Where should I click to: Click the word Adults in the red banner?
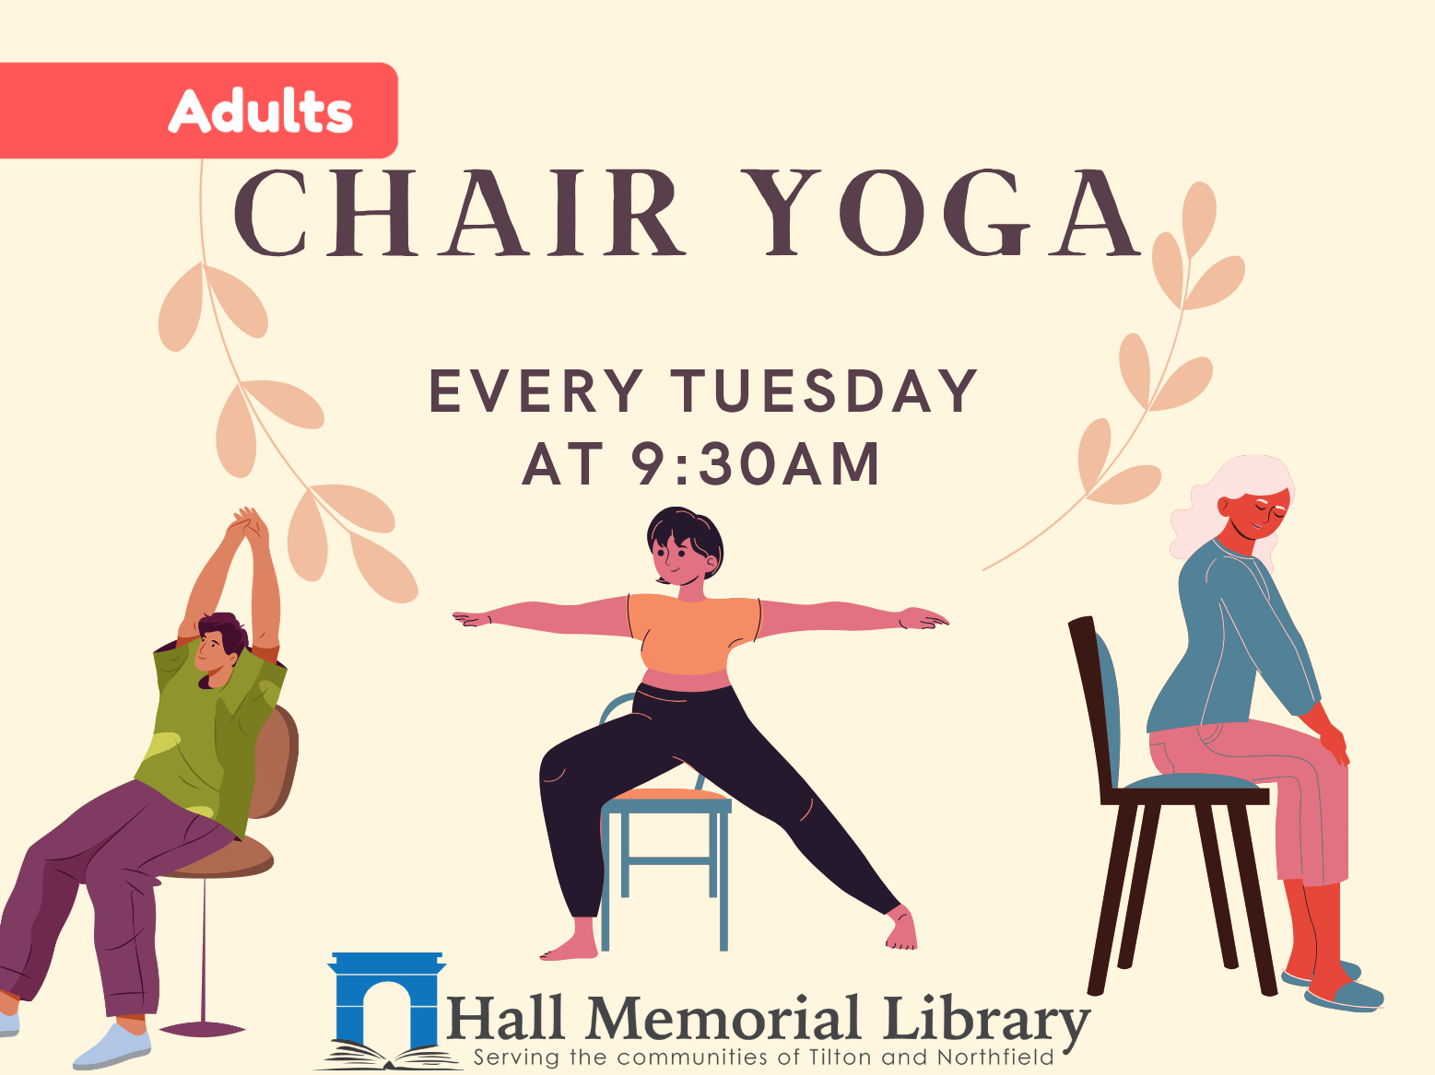(261, 111)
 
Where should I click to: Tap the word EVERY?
(535, 391)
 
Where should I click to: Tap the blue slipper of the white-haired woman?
(1346, 996)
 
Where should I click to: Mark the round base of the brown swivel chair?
(202, 1029)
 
